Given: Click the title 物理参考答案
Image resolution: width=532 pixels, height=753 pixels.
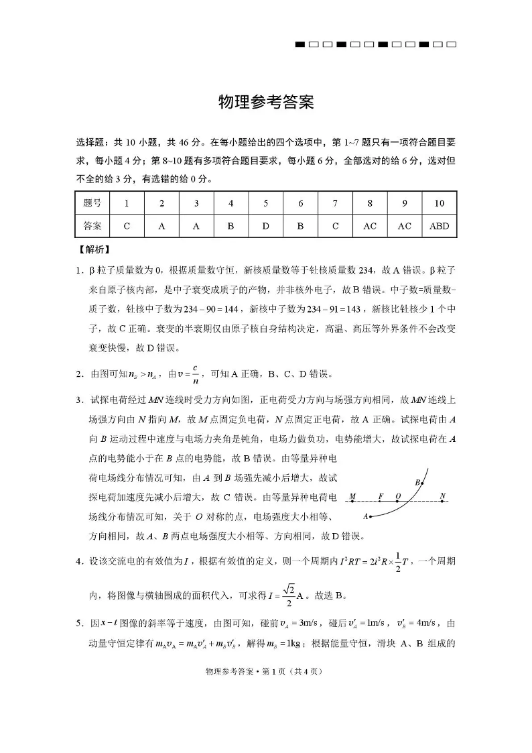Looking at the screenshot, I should coord(266,103).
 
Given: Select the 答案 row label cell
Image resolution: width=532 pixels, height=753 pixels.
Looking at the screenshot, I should coord(92,226).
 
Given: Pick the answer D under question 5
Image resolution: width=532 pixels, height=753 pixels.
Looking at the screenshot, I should coord(265,226).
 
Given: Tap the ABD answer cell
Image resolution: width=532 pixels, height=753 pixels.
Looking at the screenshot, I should coord(439,226).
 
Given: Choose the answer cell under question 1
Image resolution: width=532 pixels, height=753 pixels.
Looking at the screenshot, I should coord(127,226).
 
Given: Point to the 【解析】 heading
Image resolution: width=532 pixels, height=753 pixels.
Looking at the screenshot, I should coord(94,251).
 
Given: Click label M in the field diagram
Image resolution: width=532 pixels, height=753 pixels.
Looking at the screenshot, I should coord(352,497).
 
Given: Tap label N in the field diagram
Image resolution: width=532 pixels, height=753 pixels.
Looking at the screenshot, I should coord(443,497).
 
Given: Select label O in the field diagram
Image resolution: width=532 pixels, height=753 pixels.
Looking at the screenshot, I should coord(398,497).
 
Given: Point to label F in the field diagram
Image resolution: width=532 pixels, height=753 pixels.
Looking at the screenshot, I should coord(381,497).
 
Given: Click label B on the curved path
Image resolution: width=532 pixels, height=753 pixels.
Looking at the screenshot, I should coord(417,482).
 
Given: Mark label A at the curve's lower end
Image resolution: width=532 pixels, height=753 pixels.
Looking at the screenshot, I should coord(366,517).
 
